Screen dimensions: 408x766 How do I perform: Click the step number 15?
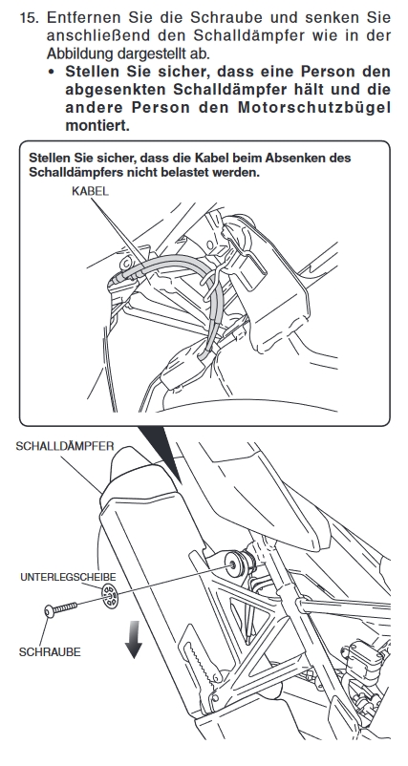point(30,17)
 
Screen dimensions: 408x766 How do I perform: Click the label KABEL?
point(90,191)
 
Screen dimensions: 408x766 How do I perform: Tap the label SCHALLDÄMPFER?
point(65,446)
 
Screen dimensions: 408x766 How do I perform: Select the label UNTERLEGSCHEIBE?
point(68,577)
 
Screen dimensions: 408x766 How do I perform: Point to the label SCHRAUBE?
point(50,652)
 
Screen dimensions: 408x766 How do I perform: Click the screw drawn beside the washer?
point(60,609)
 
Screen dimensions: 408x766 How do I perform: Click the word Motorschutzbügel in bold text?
point(314,108)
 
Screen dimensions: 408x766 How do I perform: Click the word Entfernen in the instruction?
point(84,17)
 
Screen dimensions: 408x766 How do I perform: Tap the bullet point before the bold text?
point(52,73)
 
